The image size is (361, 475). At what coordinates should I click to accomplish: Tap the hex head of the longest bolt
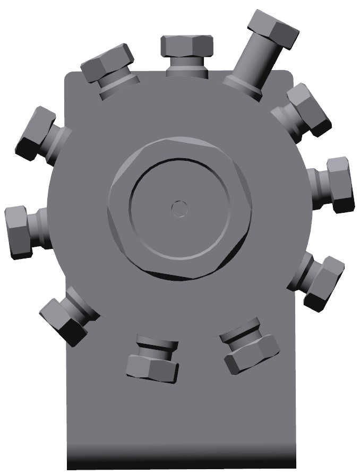pyautogui.click(x=273, y=29)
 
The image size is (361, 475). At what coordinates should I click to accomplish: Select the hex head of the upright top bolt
pyautogui.click(x=187, y=46)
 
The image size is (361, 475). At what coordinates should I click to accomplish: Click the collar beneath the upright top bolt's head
pyautogui.click(x=186, y=67)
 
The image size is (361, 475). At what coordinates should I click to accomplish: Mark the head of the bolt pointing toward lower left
pyautogui.click(x=64, y=319)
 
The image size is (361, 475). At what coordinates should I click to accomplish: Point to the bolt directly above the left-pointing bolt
pyautogui.click(x=36, y=133)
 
